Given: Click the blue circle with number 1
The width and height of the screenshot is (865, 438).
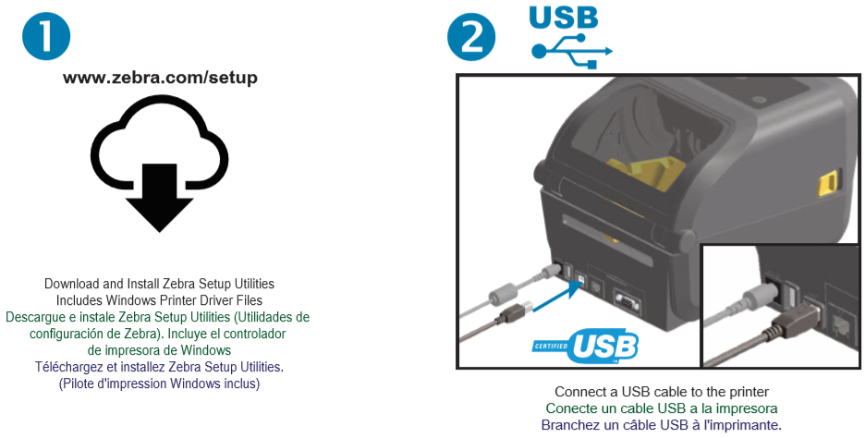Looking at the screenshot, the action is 46,36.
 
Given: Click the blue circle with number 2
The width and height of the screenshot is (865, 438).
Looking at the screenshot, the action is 471,36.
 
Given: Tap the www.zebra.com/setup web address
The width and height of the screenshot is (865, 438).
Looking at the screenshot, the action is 160,78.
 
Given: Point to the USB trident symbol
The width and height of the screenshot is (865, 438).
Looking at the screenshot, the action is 571,52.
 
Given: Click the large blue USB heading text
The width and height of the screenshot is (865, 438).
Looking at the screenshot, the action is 563,17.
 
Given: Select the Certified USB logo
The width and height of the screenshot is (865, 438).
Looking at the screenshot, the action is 585,347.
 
